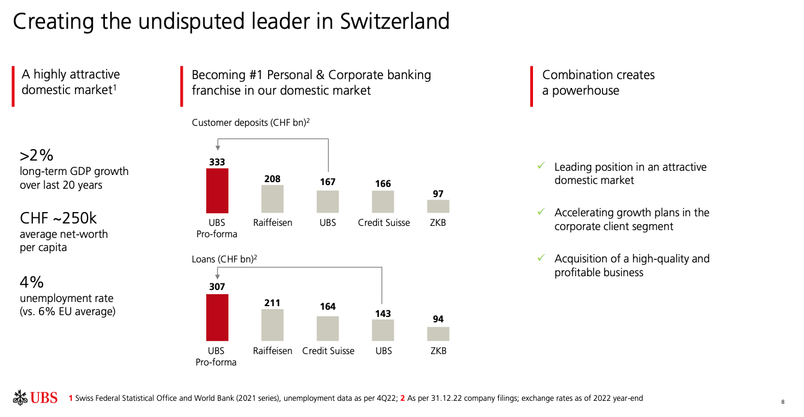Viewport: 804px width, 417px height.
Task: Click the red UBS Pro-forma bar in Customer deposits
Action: [217, 191]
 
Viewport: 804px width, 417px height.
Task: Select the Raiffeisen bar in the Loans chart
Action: [272, 325]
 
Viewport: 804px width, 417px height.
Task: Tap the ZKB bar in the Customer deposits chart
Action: [438, 206]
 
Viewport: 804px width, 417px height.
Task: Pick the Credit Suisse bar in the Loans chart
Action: [328, 328]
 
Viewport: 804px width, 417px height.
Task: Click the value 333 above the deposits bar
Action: [217, 162]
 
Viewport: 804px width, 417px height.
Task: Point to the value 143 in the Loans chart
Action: [383, 313]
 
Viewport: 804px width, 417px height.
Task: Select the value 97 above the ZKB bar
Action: [438, 194]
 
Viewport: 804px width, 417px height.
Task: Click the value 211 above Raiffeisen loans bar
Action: [272, 303]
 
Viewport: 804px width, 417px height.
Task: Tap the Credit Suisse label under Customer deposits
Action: [384, 222]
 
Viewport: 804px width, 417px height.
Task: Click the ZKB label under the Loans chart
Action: [438, 350]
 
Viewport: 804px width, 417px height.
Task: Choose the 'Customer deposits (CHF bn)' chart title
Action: [250, 122]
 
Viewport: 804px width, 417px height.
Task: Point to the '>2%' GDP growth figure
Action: [37, 156]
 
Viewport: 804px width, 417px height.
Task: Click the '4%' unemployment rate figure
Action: [32, 282]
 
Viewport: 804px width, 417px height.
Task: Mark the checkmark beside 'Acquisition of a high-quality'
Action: [541, 258]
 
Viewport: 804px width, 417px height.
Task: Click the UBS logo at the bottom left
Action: [35, 397]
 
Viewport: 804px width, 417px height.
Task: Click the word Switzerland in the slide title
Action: [395, 22]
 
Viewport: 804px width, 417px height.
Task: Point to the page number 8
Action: [782, 402]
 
